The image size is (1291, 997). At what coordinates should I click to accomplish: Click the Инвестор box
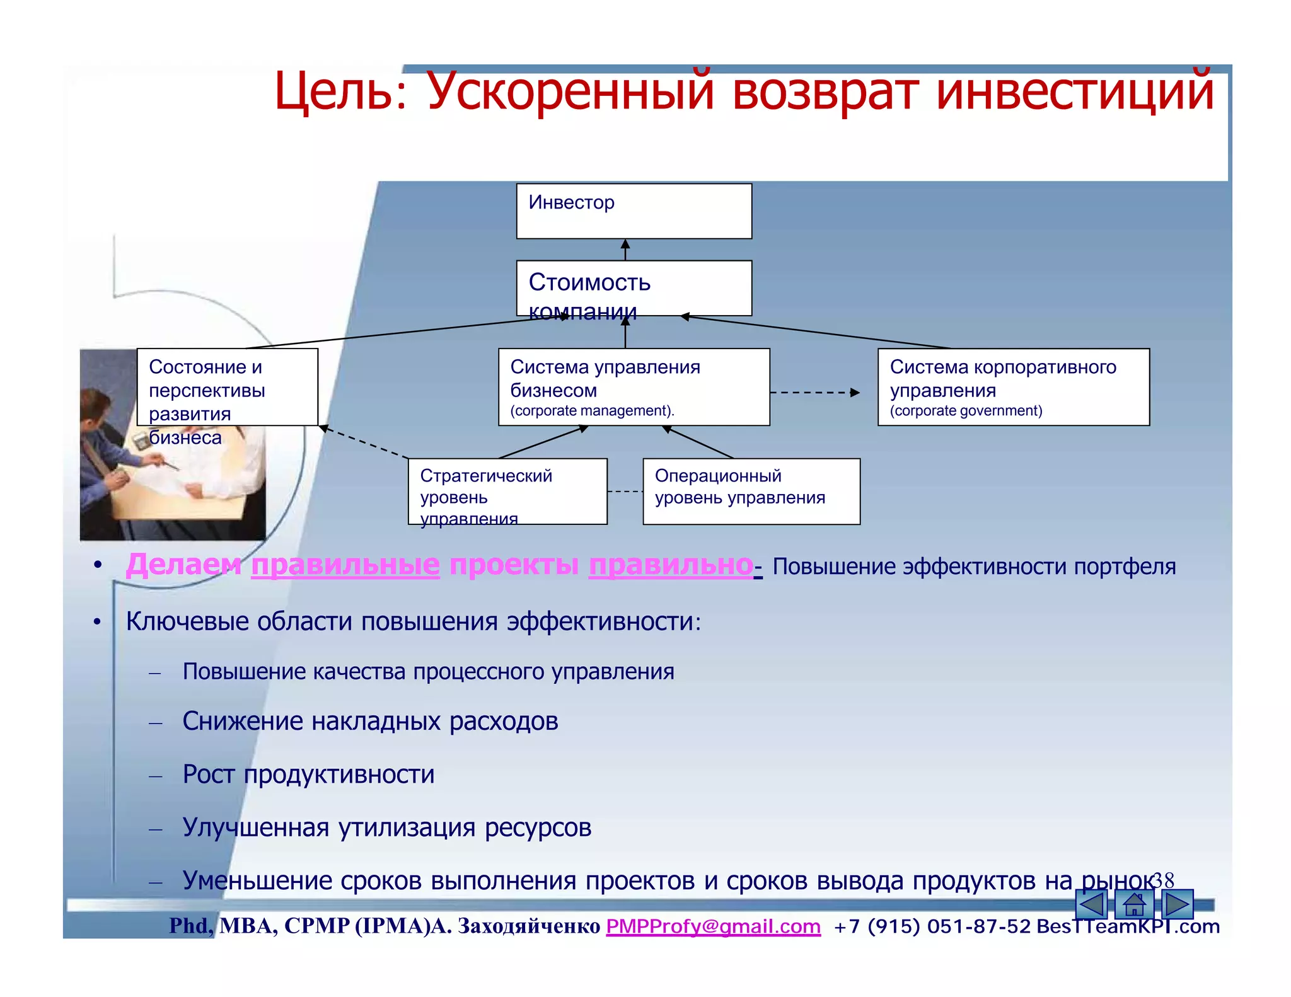tap(634, 211)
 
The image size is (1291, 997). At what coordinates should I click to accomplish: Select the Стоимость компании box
tap(634, 288)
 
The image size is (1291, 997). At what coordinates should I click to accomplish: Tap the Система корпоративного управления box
tap(1013, 387)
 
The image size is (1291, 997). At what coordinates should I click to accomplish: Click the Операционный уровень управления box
tap(751, 491)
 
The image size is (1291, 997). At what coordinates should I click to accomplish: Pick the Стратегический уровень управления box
tap(507, 491)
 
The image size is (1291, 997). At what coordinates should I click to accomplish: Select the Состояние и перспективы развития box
tap(227, 387)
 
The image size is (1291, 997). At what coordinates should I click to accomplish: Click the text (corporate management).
tap(592, 411)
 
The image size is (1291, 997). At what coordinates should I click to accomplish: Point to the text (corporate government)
tap(966, 411)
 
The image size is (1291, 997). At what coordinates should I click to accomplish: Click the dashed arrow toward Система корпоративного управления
tap(814, 393)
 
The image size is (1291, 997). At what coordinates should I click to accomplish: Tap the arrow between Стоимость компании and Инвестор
tap(625, 250)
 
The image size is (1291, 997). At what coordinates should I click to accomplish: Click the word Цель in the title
tap(335, 92)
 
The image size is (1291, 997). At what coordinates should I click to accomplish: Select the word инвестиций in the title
tap(1074, 92)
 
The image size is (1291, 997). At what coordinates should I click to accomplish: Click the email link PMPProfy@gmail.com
tap(713, 926)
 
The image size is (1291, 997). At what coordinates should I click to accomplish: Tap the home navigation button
tap(1134, 905)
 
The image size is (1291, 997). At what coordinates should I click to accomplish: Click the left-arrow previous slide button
tap(1092, 905)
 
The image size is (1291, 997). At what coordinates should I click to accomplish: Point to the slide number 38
tap(1163, 880)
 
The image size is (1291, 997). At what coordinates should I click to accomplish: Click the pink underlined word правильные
tap(345, 565)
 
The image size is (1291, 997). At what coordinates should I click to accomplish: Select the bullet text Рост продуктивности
tap(308, 774)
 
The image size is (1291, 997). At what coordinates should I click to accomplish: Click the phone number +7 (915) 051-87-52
tap(932, 926)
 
